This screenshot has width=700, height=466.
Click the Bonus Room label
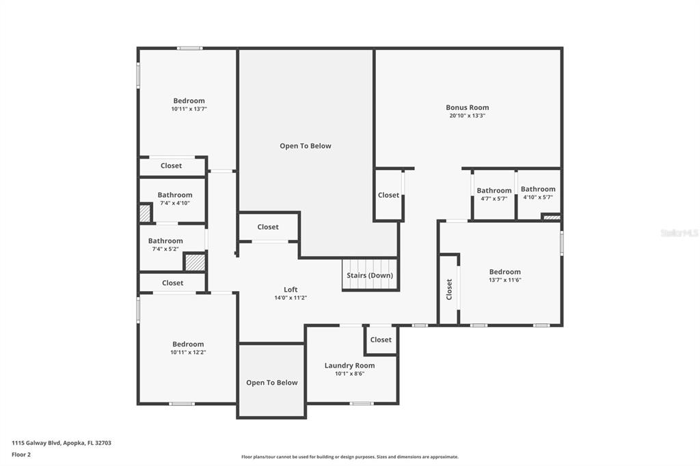click(x=467, y=107)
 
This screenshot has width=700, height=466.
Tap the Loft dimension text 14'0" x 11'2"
click(x=291, y=298)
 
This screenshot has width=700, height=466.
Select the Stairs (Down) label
click(x=370, y=275)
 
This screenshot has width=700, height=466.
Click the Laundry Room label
click(x=349, y=366)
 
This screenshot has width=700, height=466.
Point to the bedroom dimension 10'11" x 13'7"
click(x=189, y=109)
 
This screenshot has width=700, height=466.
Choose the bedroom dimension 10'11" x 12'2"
click(x=188, y=352)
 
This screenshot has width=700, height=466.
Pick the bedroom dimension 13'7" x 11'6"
click(x=505, y=280)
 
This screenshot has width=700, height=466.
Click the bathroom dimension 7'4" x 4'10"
click(x=175, y=203)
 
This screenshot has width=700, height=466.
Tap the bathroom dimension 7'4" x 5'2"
click(x=165, y=249)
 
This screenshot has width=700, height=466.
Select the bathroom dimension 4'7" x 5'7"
click(x=494, y=199)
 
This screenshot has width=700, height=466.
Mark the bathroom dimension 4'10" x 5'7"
click(x=538, y=197)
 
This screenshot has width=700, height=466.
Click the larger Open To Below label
click(x=306, y=146)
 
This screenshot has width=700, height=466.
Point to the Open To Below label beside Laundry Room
click(x=272, y=383)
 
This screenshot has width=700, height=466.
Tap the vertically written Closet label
click(x=449, y=289)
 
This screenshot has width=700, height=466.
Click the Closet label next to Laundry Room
click(x=381, y=340)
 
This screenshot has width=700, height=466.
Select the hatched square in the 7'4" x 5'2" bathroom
click(x=195, y=262)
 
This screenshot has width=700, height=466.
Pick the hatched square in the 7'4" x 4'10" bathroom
click(x=145, y=213)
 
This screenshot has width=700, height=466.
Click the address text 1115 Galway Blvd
click(x=36, y=443)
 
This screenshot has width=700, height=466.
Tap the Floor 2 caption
click(x=21, y=455)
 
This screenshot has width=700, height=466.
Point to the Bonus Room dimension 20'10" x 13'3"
click(x=467, y=115)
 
